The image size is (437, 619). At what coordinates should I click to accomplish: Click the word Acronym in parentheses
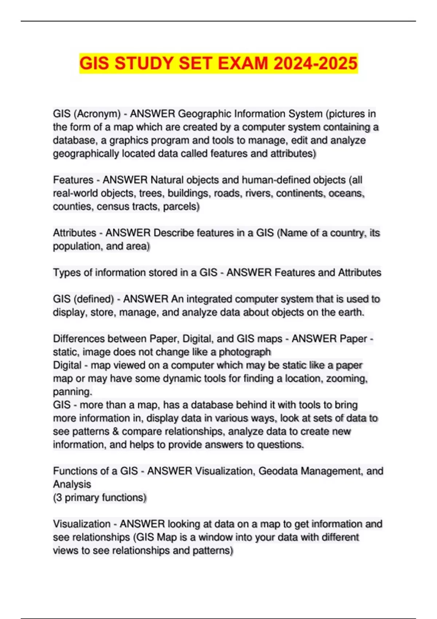(97, 114)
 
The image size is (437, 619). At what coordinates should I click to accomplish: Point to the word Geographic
(204, 114)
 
